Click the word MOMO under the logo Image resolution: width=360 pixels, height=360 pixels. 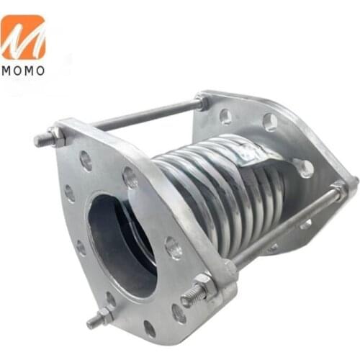point(23,70)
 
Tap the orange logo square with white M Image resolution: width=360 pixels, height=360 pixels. point(23,37)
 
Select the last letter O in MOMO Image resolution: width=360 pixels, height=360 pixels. point(40,70)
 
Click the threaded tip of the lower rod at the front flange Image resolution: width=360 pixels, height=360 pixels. point(189,296)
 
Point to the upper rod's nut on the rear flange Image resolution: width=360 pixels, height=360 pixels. point(204,102)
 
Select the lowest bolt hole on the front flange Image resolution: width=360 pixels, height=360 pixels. point(149,328)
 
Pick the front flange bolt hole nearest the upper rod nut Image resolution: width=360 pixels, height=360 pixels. point(86,161)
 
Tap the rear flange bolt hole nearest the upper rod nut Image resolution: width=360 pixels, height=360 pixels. point(225,115)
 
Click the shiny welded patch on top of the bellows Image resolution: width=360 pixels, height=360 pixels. point(248,151)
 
